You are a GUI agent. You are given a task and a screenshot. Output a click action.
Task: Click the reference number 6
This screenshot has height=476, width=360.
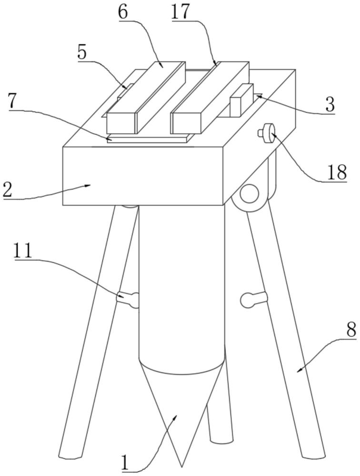click(x=123, y=12)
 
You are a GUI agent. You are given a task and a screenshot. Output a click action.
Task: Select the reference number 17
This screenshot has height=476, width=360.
click(x=180, y=12)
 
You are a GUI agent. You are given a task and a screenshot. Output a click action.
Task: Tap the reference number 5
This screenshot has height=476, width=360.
click(x=82, y=53)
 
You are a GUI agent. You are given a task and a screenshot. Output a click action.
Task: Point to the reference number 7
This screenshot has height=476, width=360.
click(x=14, y=101)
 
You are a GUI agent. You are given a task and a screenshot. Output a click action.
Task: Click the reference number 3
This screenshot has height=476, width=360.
click(x=329, y=104)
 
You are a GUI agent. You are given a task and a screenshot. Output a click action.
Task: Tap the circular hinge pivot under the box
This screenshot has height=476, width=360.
click(x=249, y=194)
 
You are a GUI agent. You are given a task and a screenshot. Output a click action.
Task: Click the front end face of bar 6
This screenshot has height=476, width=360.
click(x=122, y=123)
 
